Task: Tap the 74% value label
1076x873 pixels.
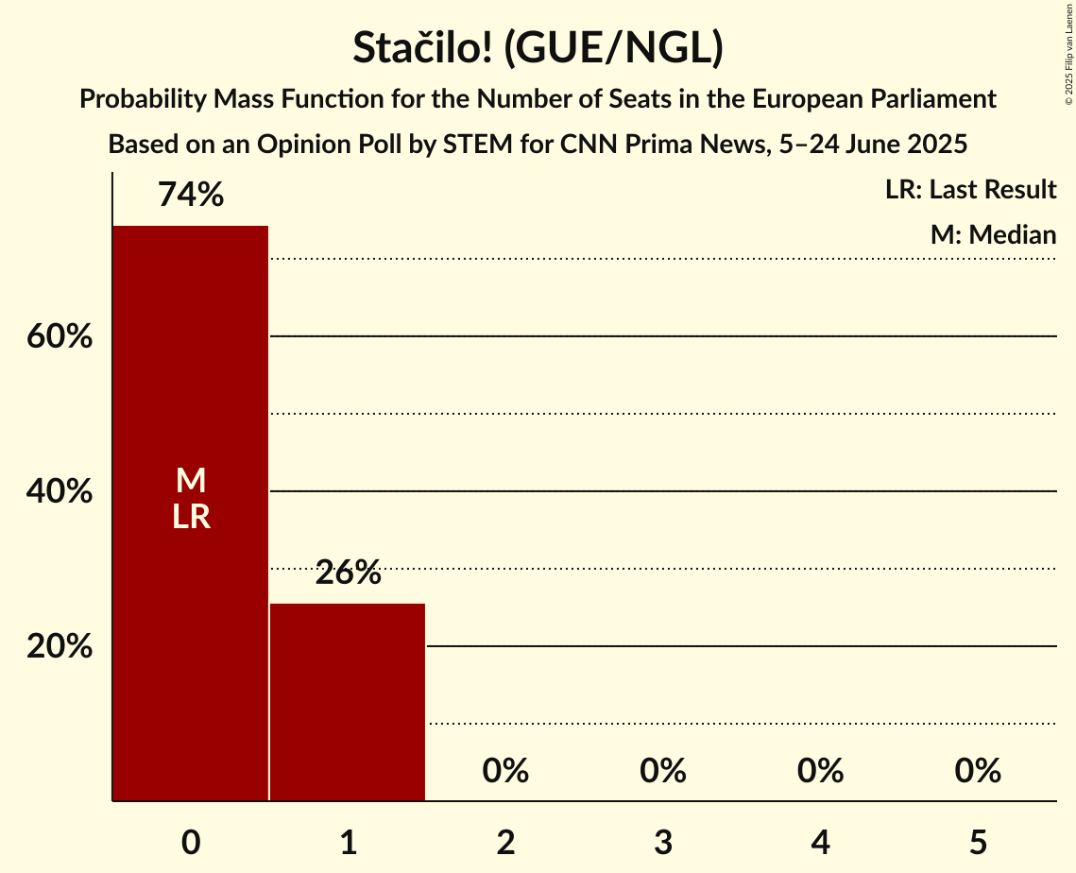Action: tap(191, 196)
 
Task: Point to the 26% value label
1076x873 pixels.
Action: tap(348, 573)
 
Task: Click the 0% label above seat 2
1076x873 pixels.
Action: tap(505, 771)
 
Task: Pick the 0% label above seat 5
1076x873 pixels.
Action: tap(978, 771)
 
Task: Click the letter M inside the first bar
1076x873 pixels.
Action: tap(191, 481)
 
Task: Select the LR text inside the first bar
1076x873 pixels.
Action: tap(191, 517)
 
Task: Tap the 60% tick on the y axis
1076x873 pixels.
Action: tap(59, 336)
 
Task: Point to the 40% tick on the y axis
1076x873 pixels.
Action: tap(59, 491)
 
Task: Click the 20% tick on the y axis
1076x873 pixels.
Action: tap(59, 647)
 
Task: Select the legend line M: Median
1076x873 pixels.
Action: tap(993, 234)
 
